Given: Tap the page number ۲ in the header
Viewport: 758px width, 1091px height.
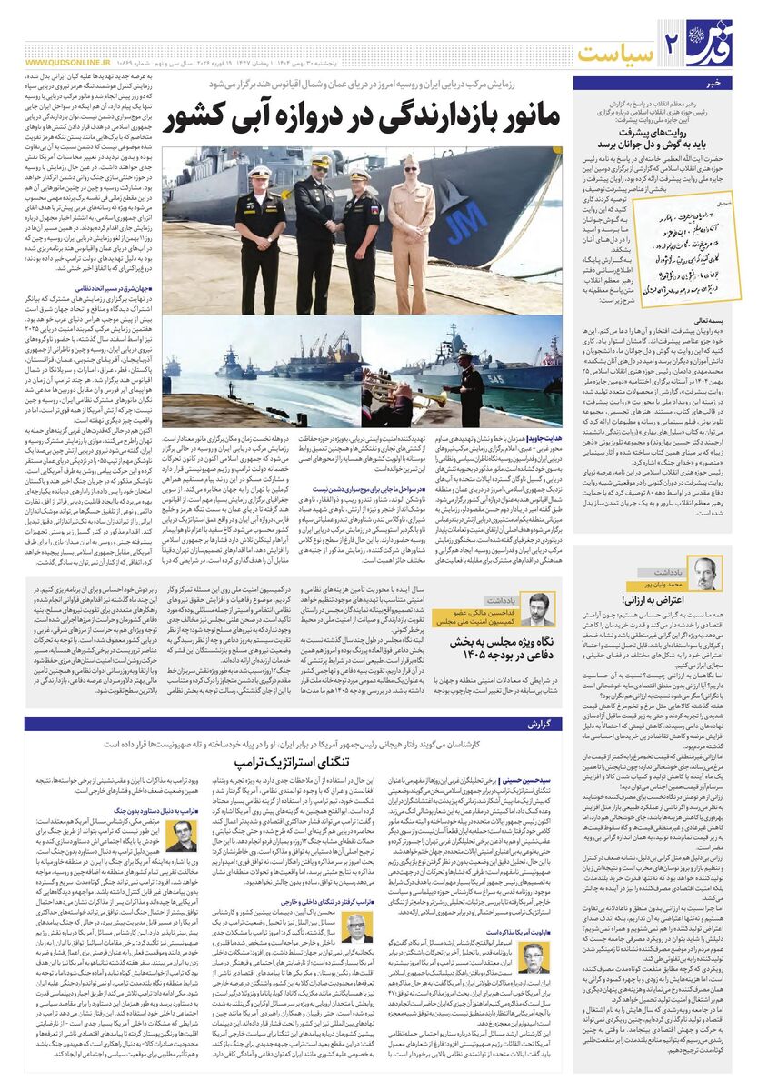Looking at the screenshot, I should point(673,43).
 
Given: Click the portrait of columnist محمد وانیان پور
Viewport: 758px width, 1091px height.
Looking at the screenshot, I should point(706,573).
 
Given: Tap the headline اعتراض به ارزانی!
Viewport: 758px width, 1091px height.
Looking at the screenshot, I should point(664,600).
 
